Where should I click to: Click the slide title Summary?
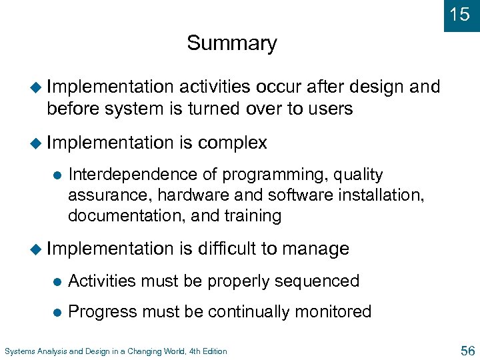(231, 43)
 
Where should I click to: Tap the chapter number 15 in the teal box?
(459, 14)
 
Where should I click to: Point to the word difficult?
(227, 249)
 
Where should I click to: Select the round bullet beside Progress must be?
(57, 313)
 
